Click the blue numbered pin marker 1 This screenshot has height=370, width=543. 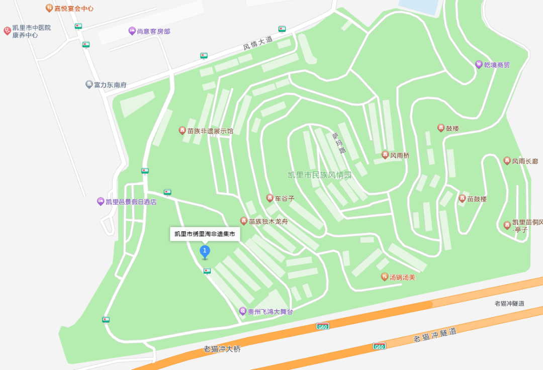205,250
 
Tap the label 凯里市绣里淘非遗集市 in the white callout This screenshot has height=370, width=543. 205,234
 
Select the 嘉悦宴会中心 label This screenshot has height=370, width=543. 74,9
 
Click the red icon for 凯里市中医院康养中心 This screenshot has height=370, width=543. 7,31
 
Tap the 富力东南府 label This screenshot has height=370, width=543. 110,85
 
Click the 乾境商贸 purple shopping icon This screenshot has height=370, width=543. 479,64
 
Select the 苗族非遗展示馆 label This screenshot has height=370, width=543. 210,131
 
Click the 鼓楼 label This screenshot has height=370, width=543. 452,128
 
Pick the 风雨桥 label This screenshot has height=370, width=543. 400,155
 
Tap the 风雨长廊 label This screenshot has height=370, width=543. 525,161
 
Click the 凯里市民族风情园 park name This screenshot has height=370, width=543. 319,175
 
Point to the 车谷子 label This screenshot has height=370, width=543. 285,198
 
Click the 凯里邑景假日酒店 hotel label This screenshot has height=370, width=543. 131,202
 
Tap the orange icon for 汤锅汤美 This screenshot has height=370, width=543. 385,276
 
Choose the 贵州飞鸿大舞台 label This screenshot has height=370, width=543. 270,312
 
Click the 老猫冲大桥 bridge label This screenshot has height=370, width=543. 222,349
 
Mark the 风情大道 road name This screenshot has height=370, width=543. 257,43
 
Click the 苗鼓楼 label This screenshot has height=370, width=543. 477,199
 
